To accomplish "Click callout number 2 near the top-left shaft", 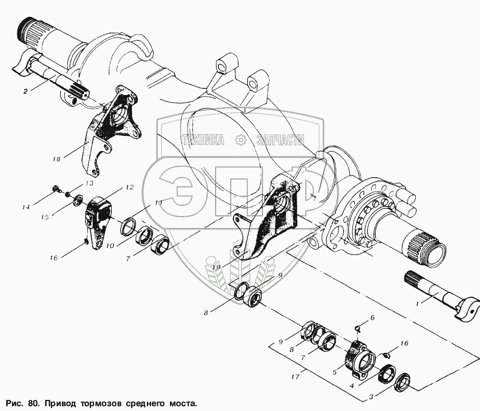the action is (25, 91).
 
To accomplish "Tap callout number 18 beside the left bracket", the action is (57, 159).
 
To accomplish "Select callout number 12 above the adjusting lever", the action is (130, 187).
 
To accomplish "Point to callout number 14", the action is (26, 207).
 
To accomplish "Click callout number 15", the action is (45, 217).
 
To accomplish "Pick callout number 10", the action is (110, 246).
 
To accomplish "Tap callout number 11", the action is (158, 203).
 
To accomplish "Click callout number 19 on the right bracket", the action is (216, 267).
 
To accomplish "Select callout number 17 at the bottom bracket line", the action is (295, 377).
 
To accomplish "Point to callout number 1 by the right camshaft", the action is (417, 304).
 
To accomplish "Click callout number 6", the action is (372, 317).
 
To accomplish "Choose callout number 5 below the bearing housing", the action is (334, 372).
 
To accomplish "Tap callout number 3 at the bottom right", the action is (371, 398).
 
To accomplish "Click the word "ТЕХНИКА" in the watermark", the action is (203, 140).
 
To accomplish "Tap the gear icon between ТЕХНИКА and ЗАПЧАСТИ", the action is (241, 140).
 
